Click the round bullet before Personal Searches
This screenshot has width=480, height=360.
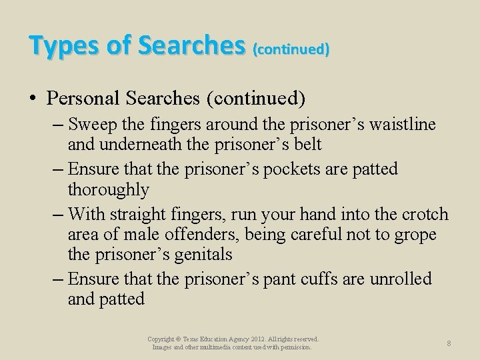pyautogui.click(x=33, y=99)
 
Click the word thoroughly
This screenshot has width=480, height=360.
pyautogui.click(x=108, y=189)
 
